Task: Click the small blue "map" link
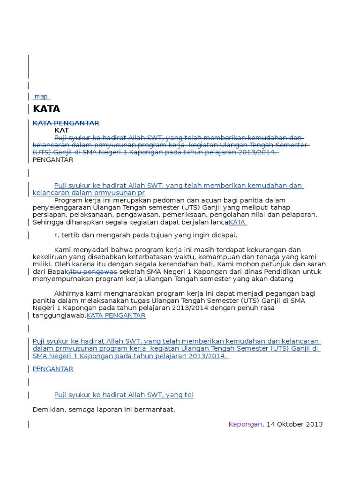[x=41, y=97]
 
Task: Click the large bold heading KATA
[x=46, y=109]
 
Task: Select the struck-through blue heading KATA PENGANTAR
[x=66, y=123]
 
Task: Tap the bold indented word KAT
[x=61, y=130]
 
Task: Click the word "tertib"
[x=70, y=235]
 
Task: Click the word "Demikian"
[x=48, y=410]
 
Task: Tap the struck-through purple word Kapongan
[x=245, y=424]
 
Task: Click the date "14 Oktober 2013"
[x=294, y=424]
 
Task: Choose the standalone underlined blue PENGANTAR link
[x=53, y=369]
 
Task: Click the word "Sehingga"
[x=47, y=223]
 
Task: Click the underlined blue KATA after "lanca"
[x=237, y=223]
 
